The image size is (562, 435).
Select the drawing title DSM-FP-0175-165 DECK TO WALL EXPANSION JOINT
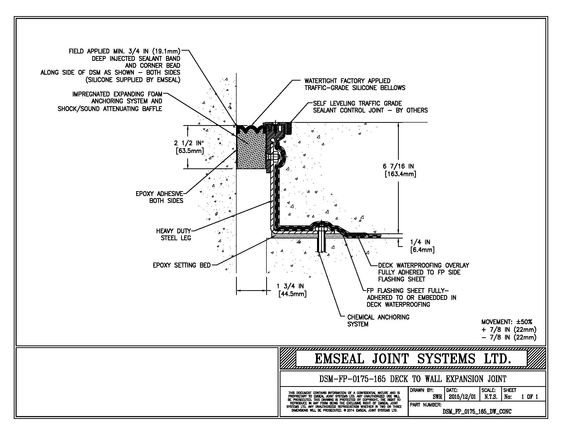413,379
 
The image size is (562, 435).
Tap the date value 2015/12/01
462,397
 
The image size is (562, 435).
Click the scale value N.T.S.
490,397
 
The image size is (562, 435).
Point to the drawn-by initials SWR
437,397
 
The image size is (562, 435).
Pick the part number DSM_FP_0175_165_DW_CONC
477,411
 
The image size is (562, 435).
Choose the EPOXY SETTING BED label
182,265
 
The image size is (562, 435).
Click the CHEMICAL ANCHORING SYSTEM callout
378,321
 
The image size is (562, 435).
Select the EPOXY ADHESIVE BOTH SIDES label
160,197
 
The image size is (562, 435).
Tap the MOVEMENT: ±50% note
506,322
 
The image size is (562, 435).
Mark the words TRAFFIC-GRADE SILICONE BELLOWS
355,88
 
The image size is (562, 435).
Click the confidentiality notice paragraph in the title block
344,401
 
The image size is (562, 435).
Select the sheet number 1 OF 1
529,397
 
